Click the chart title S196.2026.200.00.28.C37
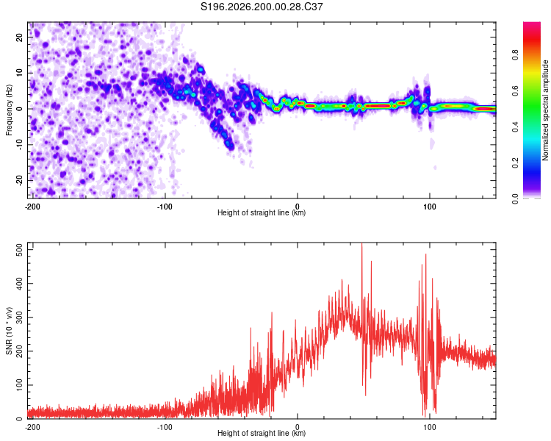(x=262, y=7)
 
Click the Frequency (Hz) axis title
(x=9, y=110)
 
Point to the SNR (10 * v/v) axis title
(x=9, y=331)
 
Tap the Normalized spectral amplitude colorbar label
(x=545, y=110)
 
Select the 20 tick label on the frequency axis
(x=19, y=37)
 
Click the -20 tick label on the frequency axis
(x=19, y=180)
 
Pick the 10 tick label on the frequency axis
(x=19, y=73)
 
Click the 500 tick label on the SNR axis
(x=19, y=250)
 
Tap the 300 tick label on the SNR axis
(x=19, y=318)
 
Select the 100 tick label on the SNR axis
(x=19, y=385)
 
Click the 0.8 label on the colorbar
(x=515, y=55)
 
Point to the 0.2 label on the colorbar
(x=515, y=163)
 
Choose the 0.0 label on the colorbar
(x=515, y=198)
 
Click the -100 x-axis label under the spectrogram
(x=165, y=207)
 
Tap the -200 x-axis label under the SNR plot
(x=32, y=427)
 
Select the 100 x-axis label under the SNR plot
(x=430, y=427)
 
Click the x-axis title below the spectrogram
(x=262, y=212)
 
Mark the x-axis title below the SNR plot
(x=262, y=433)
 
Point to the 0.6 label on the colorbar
(x=515, y=90)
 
